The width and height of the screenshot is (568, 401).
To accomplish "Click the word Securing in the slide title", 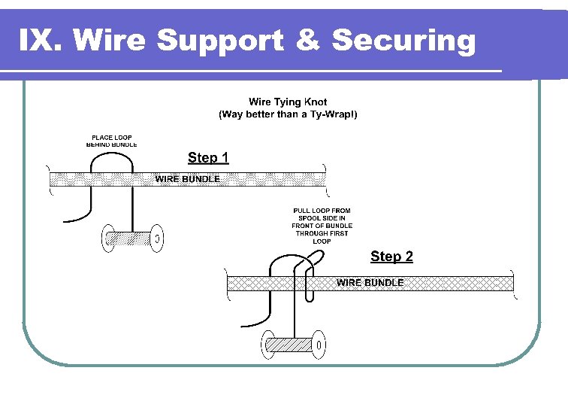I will tap(403, 40).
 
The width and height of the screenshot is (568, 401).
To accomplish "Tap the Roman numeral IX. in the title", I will tap(41, 40).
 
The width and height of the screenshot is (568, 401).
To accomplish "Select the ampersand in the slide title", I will tap(308, 40).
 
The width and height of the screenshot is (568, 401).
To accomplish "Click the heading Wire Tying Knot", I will tap(288, 102).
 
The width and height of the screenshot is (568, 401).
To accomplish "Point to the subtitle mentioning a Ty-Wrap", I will tap(288, 114).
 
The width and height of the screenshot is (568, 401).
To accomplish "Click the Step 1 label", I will tap(208, 157).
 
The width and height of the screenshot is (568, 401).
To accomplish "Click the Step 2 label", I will tap(391, 257).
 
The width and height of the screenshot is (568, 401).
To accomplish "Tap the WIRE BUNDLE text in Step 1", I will tap(188, 179).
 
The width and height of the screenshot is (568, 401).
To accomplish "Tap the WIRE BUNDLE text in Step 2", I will tap(370, 283).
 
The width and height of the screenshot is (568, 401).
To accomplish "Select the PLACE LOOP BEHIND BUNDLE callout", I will tap(112, 141).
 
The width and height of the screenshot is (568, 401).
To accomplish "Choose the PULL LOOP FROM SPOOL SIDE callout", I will tap(322, 226).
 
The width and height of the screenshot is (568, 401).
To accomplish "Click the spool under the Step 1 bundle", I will tap(131, 238).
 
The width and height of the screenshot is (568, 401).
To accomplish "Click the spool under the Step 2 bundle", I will tap(294, 345).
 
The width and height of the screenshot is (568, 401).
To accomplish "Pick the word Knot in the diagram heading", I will tap(315, 102).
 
